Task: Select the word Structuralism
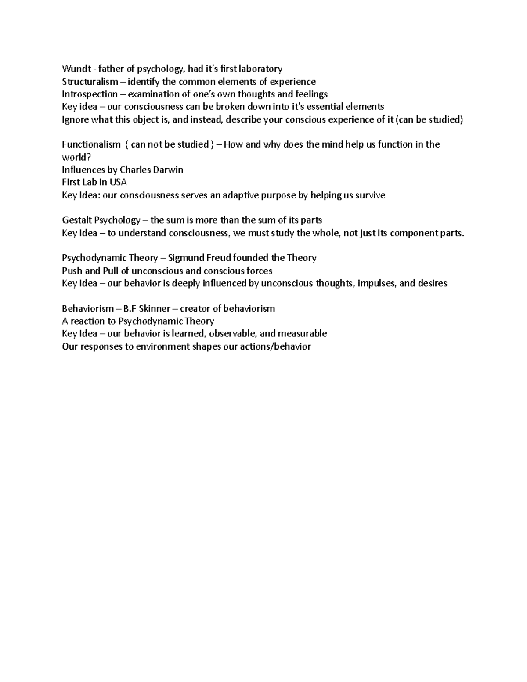pos(90,82)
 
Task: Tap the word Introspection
pos(90,94)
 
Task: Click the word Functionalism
pos(91,144)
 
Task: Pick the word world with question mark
pos(72,157)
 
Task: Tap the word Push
pos(72,271)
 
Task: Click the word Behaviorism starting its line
pos(88,309)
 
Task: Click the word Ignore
pos(75,119)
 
